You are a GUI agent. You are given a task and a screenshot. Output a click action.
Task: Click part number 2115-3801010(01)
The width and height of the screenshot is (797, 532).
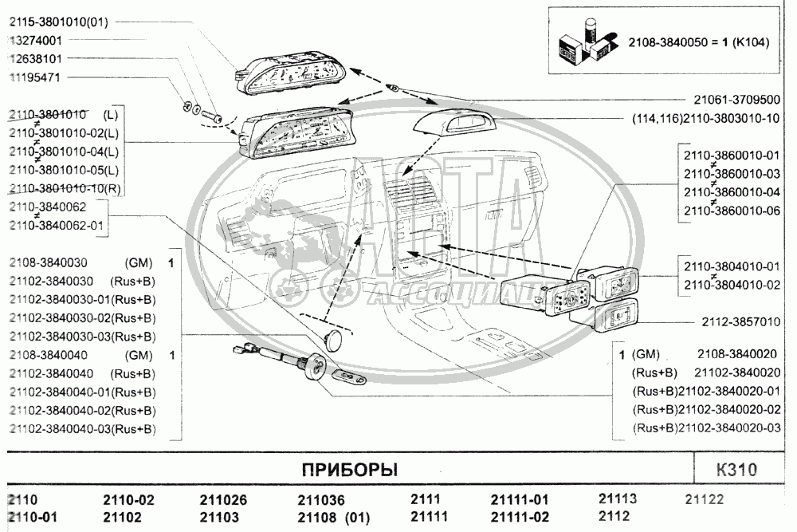coord(58,21)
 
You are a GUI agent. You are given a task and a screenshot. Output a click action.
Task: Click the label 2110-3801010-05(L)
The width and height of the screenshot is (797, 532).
coord(64,169)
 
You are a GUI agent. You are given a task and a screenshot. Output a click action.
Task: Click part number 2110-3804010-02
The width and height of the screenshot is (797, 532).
coord(730,285)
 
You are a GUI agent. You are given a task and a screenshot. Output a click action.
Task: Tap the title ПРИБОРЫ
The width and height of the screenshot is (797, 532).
coord(349,470)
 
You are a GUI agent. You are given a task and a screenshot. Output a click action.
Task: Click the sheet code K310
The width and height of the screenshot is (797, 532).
coord(736,470)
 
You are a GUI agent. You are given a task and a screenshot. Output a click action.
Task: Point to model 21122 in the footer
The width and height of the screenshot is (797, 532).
coord(705,500)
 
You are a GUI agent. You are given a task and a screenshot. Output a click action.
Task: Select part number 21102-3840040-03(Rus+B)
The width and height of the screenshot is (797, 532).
coord(83,429)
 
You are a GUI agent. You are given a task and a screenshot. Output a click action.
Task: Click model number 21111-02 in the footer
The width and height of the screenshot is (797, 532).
coord(519,517)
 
